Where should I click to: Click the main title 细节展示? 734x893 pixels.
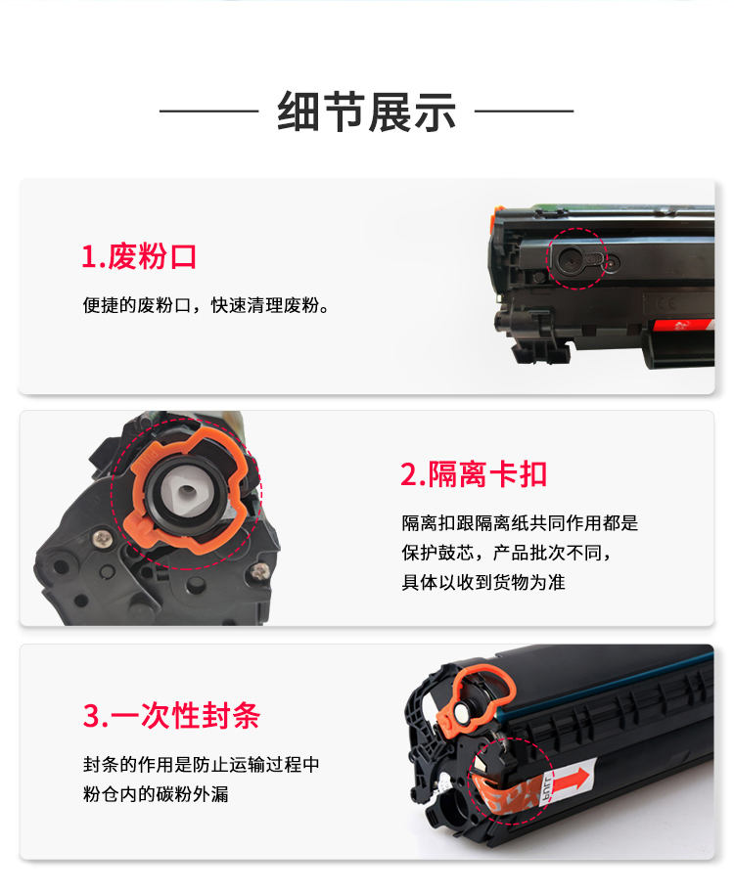tap(366, 112)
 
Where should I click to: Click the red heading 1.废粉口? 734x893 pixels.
tap(139, 256)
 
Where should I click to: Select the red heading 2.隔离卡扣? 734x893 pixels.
tap(474, 473)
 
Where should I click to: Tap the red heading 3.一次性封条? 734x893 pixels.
tap(171, 715)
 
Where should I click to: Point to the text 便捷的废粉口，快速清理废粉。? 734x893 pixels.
tap(206, 305)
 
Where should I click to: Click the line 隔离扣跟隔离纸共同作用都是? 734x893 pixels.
tap(520, 523)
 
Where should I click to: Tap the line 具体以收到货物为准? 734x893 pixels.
tap(483, 582)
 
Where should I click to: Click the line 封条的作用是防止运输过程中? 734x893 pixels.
tap(202, 764)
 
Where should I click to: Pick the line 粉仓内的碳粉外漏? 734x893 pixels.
tap(156, 794)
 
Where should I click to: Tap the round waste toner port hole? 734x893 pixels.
tap(570, 261)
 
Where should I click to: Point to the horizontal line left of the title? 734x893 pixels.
tap(209, 112)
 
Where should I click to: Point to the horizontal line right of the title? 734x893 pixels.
tap(525, 112)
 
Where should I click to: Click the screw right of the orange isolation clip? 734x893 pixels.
tap(259, 570)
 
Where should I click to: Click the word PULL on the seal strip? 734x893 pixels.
tap(547, 789)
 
